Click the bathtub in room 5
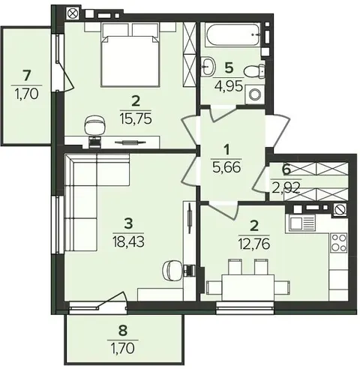coord(232,35)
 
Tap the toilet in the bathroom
coord(253,72)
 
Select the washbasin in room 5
coord(208,66)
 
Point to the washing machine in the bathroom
coord(255,94)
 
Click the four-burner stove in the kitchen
coord(339,242)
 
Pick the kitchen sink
coord(302,223)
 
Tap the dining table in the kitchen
coord(248,286)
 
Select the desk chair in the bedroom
coord(94,126)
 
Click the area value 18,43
coord(128,241)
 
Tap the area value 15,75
coord(136,118)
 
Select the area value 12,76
coord(254,244)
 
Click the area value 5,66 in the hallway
coord(226,167)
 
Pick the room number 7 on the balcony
coord(27,76)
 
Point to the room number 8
coord(123,330)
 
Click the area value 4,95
coord(229,86)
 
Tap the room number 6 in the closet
coord(286,170)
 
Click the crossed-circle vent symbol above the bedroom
coord(73,13)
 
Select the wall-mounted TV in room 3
coord(190,217)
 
